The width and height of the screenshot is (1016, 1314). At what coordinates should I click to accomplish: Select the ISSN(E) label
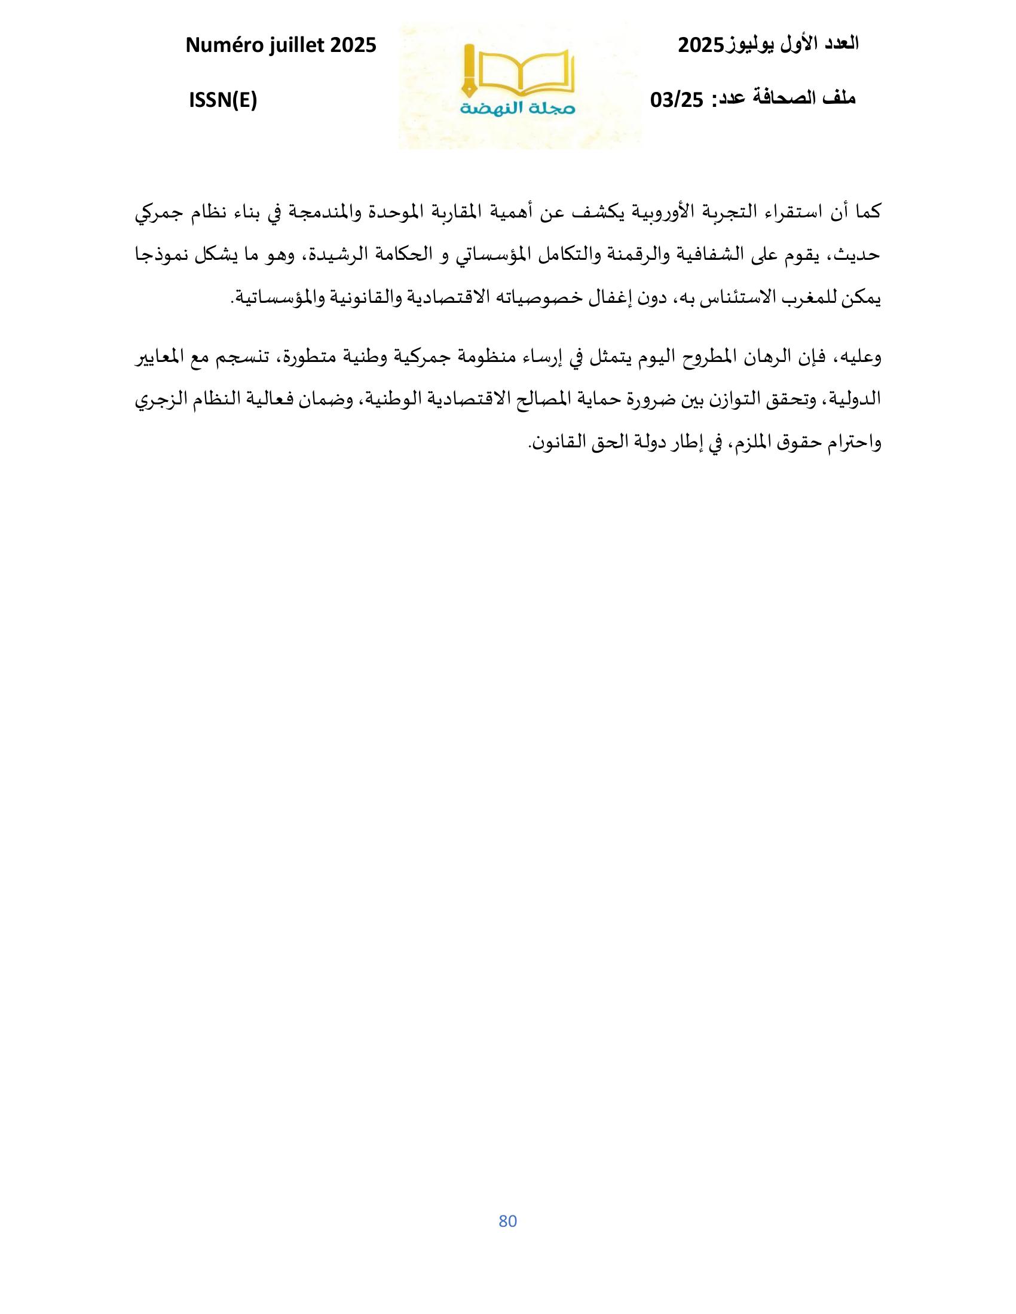pos(223,101)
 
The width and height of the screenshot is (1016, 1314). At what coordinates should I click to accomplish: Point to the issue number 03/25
pos(677,100)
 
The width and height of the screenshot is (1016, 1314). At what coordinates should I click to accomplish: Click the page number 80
pos(508,1221)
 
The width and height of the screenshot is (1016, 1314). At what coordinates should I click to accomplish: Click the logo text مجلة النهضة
pos(518,109)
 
